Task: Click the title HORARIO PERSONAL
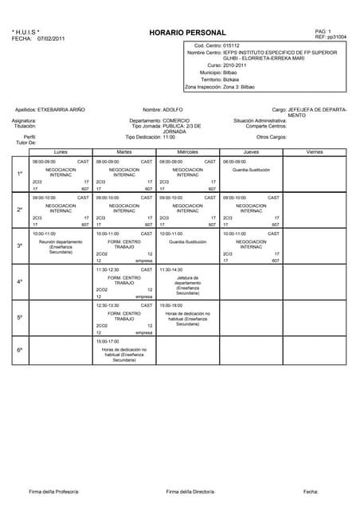(x=187, y=33)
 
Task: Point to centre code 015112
(x=236, y=46)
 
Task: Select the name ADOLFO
(x=173, y=109)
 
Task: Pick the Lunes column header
(x=61, y=151)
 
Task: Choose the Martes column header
(x=124, y=151)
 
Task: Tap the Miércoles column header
(x=187, y=151)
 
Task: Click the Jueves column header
(x=251, y=151)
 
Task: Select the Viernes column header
(x=315, y=151)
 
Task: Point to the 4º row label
(x=20, y=282)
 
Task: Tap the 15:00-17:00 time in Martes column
(x=108, y=341)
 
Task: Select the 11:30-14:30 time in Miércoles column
(x=170, y=270)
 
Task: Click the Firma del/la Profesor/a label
(x=54, y=491)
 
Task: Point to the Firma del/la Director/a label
(x=190, y=491)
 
